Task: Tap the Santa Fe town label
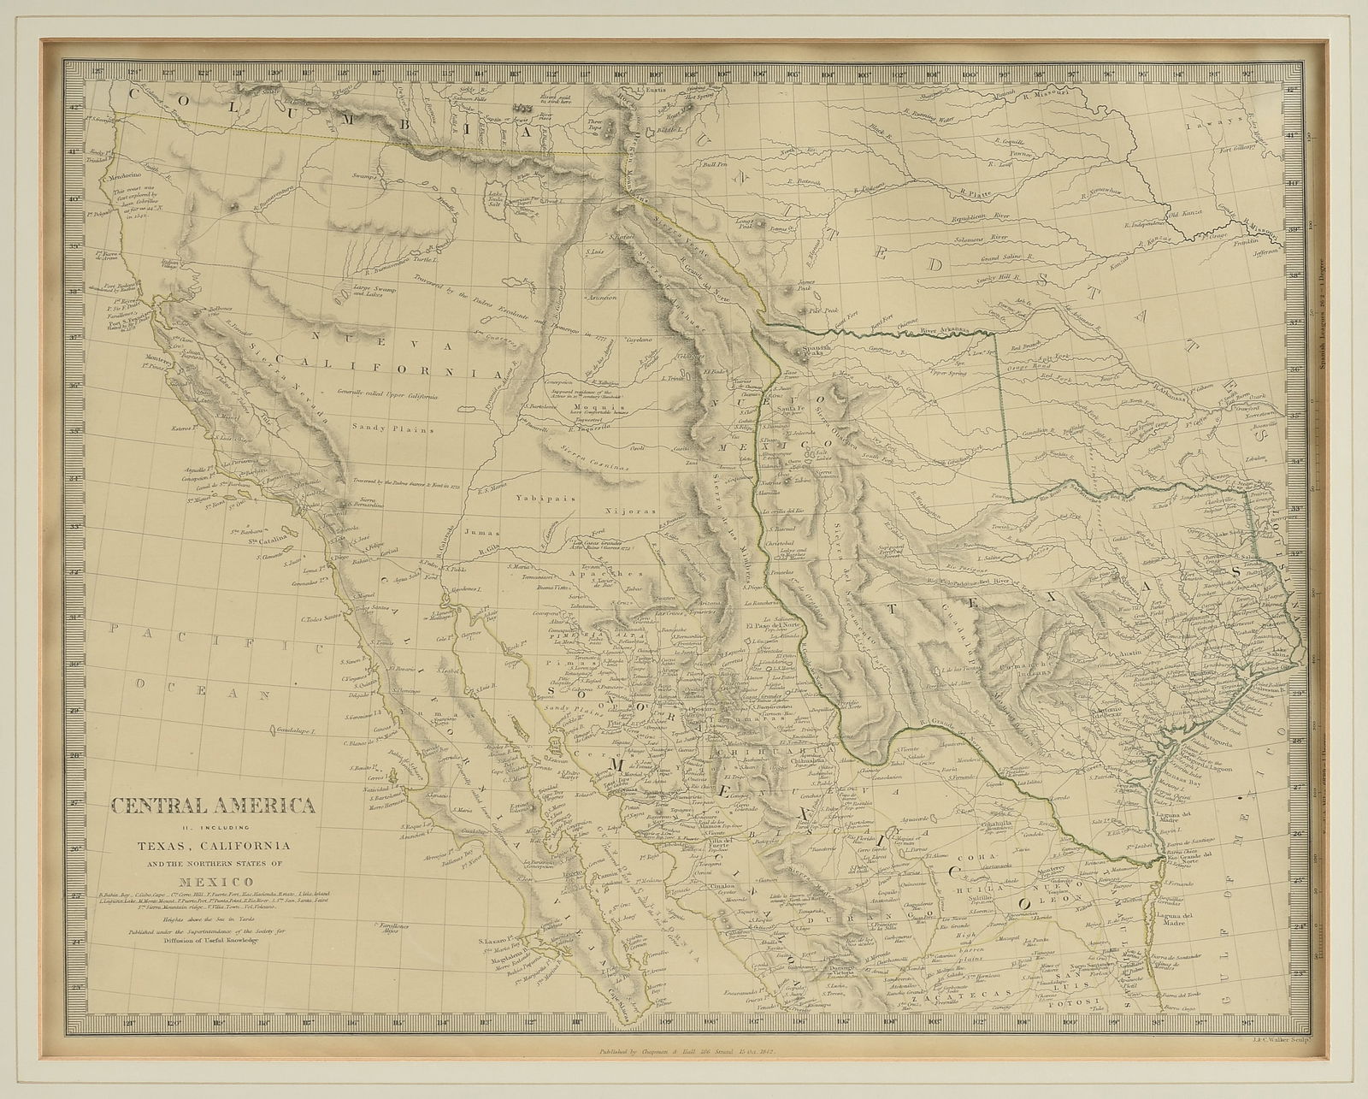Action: (794, 408)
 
